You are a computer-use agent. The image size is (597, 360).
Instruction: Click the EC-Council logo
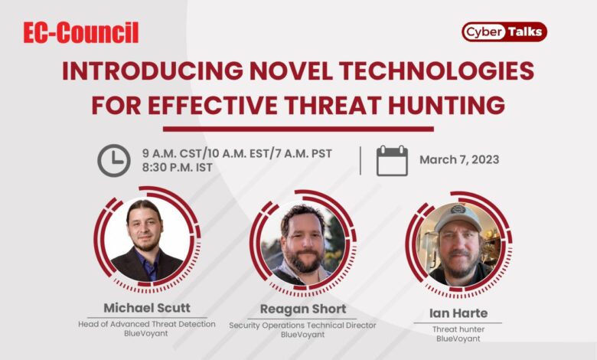pos(80,33)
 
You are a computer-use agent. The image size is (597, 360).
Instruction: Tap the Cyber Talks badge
pos(504,31)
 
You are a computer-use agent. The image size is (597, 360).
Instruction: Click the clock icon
pos(113,160)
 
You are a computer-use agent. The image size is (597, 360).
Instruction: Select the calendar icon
pos(392,160)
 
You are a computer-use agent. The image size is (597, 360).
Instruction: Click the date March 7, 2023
pos(459,160)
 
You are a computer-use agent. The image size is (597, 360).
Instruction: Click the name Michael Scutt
pos(146,308)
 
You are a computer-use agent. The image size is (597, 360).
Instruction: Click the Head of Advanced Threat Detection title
pos(146,323)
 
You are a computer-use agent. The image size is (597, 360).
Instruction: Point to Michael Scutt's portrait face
pos(145,228)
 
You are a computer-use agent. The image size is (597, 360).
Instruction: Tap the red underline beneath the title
pos(298,129)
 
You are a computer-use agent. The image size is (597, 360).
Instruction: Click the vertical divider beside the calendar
pos(360,160)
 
